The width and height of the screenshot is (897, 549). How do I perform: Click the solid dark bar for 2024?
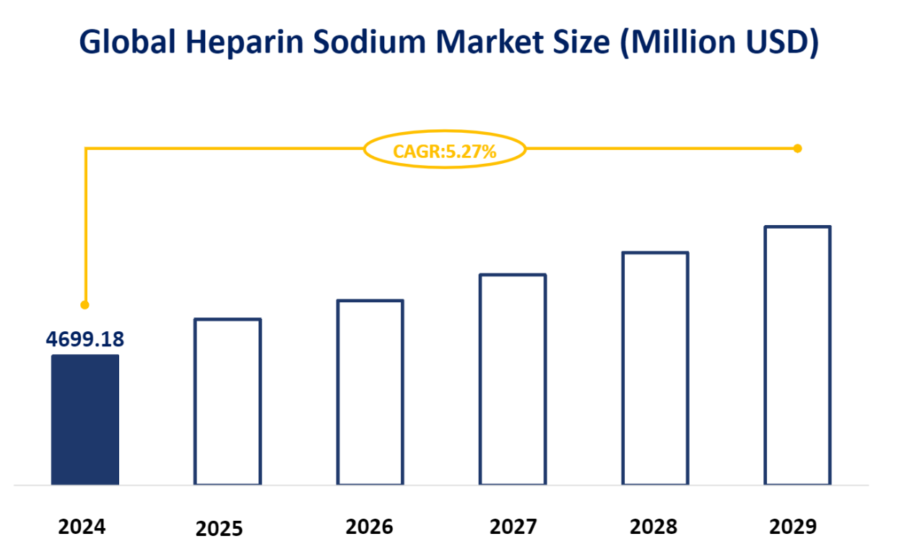coord(84,419)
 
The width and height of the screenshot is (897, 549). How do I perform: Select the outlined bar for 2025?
coord(227,401)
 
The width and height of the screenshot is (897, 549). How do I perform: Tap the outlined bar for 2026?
coord(370,392)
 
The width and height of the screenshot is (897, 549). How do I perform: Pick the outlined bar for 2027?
coord(513,379)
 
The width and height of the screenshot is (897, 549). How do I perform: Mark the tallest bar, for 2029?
coord(797,355)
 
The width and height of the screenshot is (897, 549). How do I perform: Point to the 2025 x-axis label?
coord(220,530)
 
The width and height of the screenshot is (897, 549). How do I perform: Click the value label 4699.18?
coord(84,339)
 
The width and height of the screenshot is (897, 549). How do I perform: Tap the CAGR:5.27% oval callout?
coord(444,150)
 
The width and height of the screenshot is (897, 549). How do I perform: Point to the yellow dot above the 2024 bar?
coord(84,304)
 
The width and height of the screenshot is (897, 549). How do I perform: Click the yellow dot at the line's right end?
coord(797,149)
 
